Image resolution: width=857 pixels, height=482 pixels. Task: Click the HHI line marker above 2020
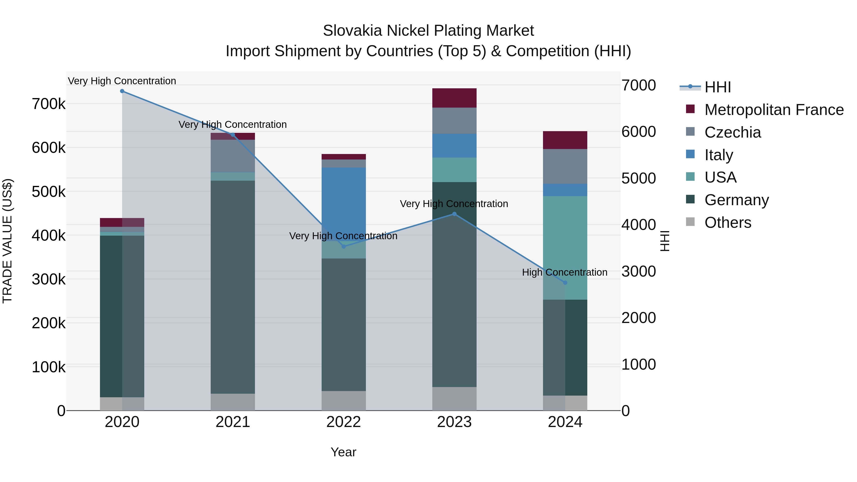[122, 91]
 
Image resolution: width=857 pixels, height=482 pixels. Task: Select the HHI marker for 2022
[344, 247]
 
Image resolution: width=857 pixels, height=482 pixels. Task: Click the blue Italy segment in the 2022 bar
[344, 203]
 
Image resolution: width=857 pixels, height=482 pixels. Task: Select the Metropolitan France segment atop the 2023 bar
[454, 98]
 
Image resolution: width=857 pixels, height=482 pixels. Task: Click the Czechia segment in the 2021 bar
[233, 156]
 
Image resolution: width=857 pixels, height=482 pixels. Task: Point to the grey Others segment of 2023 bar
[454, 398]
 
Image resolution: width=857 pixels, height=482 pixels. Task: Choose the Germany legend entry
[736, 200]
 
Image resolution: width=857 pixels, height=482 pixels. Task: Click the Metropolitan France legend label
[774, 110]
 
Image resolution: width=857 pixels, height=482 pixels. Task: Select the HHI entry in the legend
[717, 87]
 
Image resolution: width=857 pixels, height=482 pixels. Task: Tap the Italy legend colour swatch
[690, 154]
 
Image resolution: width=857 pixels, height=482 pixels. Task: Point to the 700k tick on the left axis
[49, 104]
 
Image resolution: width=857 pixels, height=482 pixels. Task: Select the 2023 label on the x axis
[454, 422]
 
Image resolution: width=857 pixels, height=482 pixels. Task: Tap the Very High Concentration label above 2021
[233, 125]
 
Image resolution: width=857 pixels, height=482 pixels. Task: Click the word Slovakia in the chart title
[352, 31]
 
